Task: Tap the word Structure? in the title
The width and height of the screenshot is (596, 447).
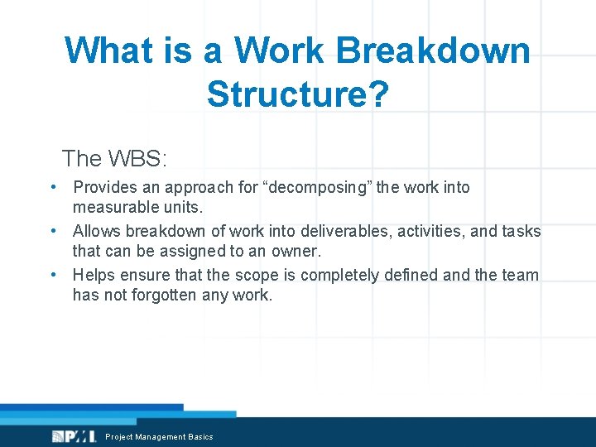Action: tap(297, 94)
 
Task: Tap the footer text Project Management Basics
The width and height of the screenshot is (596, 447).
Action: tap(159, 436)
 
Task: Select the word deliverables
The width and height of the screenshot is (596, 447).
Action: tap(343, 231)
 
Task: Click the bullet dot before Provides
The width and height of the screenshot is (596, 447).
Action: tap(52, 187)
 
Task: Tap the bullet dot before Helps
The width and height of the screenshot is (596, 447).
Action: tap(52, 275)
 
